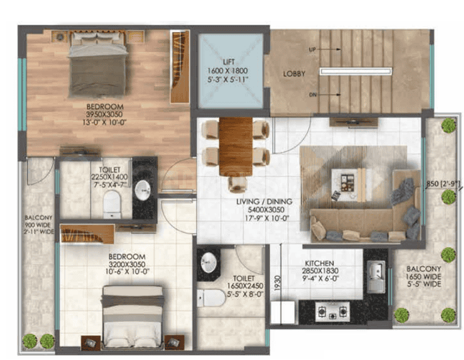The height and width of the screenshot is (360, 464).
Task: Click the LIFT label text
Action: click(x=229, y=62)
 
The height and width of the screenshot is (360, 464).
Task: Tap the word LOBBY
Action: click(x=294, y=73)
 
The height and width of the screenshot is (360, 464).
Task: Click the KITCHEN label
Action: click(x=319, y=263)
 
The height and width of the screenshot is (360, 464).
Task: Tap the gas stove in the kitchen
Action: click(x=332, y=312)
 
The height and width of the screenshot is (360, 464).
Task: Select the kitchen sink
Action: click(x=376, y=277)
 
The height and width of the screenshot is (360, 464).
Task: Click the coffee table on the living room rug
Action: click(x=349, y=185)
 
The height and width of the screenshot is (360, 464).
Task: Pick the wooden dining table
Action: click(x=236, y=147)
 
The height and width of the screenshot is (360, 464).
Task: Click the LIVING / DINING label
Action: click(x=264, y=202)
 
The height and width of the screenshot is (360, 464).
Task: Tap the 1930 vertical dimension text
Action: click(x=277, y=283)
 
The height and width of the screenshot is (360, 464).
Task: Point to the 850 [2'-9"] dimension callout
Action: click(x=443, y=184)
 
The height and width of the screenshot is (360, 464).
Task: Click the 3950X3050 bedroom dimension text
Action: click(x=105, y=115)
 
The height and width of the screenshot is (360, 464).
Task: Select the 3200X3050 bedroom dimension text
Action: click(x=127, y=264)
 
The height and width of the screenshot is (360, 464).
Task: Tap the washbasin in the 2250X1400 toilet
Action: click(x=143, y=189)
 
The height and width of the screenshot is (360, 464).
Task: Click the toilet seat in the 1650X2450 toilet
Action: click(x=211, y=297)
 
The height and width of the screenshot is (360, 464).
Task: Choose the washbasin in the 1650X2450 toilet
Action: click(x=209, y=262)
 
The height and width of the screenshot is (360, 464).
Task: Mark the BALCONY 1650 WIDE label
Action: click(x=424, y=277)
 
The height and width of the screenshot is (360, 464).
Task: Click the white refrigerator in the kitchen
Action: click(x=283, y=313)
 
